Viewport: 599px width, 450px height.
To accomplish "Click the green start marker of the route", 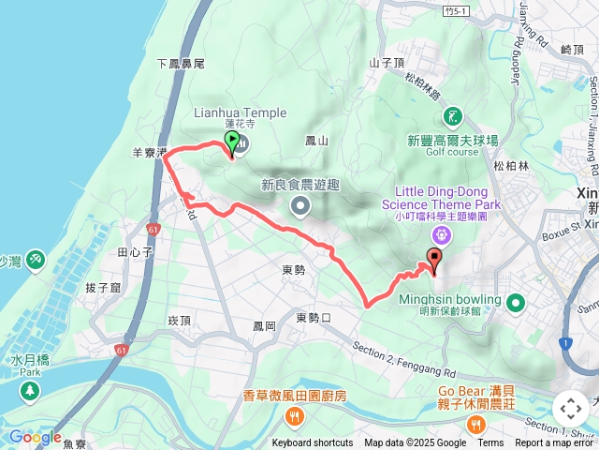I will [x=231, y=143].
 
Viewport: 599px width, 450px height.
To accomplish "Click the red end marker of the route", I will [x=434, y=260].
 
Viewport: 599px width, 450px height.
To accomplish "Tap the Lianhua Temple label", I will [x=241, y=113].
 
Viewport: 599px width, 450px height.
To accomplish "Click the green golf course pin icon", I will [x=453, y=116].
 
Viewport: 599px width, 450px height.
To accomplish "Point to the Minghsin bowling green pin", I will [x=516, y=303].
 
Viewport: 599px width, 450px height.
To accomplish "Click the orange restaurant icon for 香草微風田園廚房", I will [x=296, y=416].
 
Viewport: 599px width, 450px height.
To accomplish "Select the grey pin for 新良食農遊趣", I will [x=299, y=205].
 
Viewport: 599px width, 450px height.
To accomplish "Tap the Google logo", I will [x=35, y=437].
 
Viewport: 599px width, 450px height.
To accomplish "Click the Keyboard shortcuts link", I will [x=313, y=443].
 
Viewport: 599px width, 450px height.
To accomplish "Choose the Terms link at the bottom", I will [x=490, y=443].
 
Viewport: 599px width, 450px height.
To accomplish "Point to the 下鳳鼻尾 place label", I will [x=180, y=63].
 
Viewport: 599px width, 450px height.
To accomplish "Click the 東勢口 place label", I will [x=314, y=318].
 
